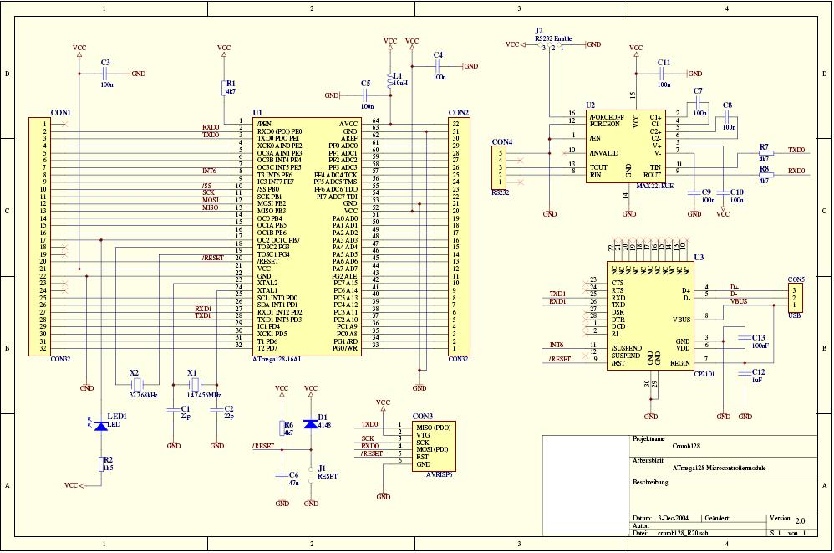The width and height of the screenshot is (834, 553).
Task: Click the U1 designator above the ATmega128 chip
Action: point(257,113)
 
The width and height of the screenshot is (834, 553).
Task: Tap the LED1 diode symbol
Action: point(101,426)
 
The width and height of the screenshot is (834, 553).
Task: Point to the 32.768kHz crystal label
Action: point(144,393)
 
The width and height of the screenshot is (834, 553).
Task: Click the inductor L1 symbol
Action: point(389,81)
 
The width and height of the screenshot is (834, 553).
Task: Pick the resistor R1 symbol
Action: point(223,90)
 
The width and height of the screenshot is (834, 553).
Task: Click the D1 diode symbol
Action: point(311,422)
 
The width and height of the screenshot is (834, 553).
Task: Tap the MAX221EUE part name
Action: point(654,186)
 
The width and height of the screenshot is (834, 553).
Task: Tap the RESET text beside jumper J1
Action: point(328,476)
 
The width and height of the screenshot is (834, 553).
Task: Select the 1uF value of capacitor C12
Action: point(757,380)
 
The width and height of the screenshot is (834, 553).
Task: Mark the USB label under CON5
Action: point(796,317)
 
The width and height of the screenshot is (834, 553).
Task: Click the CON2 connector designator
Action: point(458,113)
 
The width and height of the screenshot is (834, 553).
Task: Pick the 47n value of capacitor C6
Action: point(294,483)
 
